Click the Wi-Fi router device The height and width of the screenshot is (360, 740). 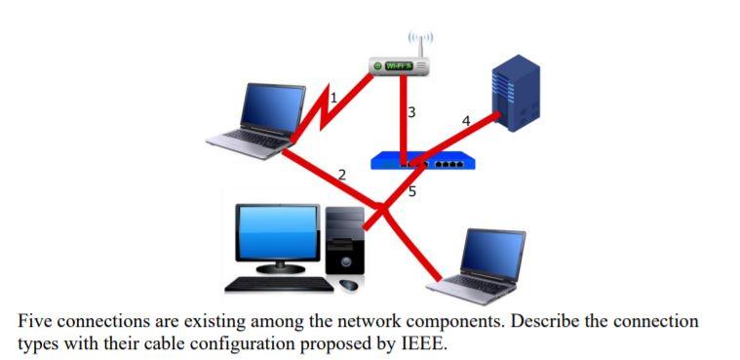[x=403, y=66]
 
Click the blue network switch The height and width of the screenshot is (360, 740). [x=423, y=161]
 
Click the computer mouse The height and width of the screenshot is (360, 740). [x=349, y=285]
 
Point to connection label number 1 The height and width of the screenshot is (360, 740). [x=333, y=97]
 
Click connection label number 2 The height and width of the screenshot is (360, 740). [x=341, y=175]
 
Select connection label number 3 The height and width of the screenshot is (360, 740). [x=411, y=112]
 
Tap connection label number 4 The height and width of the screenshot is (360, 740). [x=465, y=121]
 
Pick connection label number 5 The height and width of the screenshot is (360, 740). [x=411, y=191]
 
